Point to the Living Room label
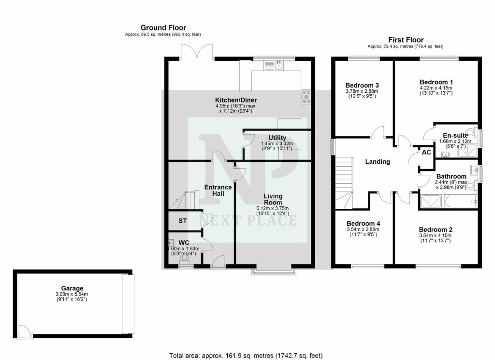pyautogui.click(x=273, y=199)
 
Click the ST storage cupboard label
pyautogui.click(x=183, y=221)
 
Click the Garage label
pyautogui.click(x=72, y=288)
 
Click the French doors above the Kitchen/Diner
pyautogui.click(x=197, y=51)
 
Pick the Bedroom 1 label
pyautogui.click(x=436, y=82)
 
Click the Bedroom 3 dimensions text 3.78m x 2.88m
pyautogui.click(x=362, y=91)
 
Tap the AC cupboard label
pyautogui.click(x=426, y=152)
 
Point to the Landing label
pyautogui.click(x=377, y=162)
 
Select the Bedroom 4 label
pyautogui.click(x=364, y=223)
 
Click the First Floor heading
pyautogui.click(x=406, y=40)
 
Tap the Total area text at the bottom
pyautogui.click(x=246, y=356)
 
